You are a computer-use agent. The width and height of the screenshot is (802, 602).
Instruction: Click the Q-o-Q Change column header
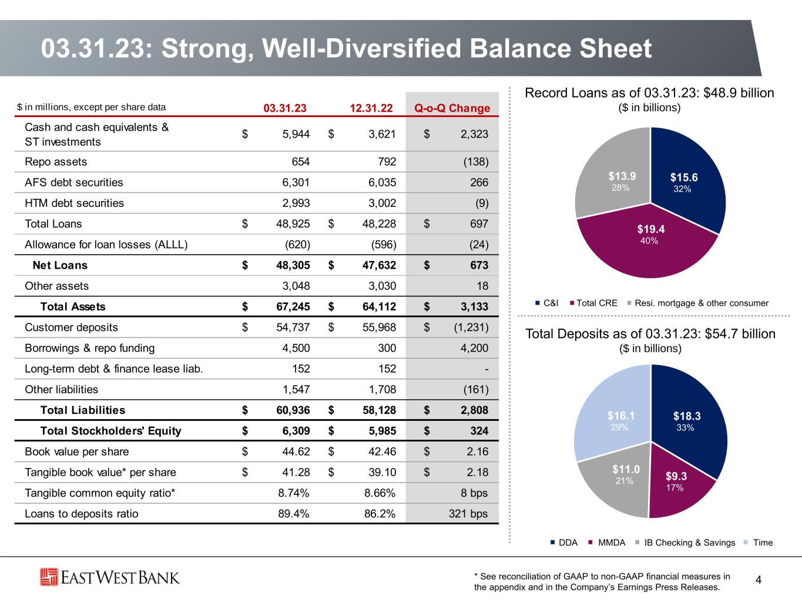[x=452, y=108]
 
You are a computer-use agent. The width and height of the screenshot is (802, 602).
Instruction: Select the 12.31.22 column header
[x=370, y=108]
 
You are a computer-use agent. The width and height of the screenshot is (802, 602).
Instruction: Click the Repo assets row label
[x=56, y=162]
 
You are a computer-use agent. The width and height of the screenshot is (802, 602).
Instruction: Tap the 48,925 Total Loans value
[x=293, y=224]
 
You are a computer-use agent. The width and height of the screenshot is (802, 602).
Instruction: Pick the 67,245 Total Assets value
[x=293, y=306]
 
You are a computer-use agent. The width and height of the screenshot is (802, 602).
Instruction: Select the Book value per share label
[x=76, y=451]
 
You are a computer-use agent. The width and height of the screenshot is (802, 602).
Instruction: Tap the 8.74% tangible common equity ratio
[x=294, y=493]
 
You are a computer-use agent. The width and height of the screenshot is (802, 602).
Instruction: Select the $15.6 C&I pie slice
[x=687, y=182]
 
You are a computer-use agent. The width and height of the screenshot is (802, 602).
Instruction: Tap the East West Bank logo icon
[x=49, y=577]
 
